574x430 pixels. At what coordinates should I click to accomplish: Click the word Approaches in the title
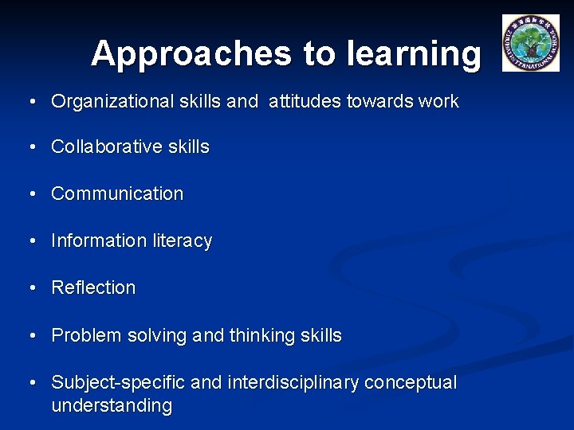point(191,54)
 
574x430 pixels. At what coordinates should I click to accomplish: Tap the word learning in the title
point(413,54)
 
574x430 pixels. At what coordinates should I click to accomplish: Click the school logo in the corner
point(530,43)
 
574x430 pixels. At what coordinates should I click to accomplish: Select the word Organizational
point(112,102)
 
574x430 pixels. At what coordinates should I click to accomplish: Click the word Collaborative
point(106,147)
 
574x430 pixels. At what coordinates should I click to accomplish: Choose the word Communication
point(117,193)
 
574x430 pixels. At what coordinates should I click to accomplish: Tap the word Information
point(97,240)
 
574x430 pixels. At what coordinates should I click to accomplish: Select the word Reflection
point(93,287)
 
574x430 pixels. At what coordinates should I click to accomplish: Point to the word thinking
point(262,336)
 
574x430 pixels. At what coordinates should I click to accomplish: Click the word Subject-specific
point(119,383)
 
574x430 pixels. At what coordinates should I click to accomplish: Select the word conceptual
point(411,383)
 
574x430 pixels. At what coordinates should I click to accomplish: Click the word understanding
point(112,406)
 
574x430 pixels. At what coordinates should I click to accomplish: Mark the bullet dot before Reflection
point(32,288)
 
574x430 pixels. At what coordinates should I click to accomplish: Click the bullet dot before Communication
point(32,194)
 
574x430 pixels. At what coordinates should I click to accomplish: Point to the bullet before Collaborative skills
point(32,147)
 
